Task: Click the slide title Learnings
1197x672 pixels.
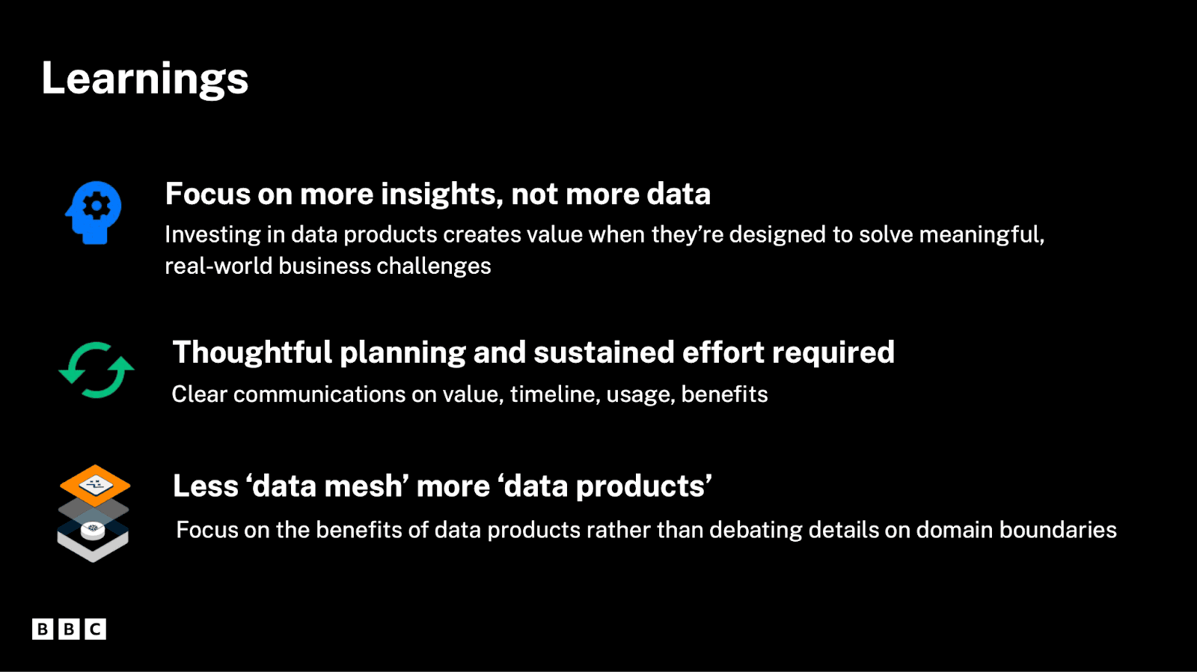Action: point(145,79)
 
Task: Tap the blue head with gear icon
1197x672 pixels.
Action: point(94,213)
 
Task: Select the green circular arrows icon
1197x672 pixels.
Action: point(97,370)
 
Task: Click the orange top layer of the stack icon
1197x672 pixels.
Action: point(95,486)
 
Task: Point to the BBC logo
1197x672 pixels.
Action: point(69,629)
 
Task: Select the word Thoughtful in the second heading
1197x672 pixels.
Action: point(252,352)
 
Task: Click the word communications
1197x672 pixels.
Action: point(319,394)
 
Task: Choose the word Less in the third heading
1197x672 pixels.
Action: point(206,486)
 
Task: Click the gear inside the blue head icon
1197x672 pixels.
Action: point(97,206)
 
